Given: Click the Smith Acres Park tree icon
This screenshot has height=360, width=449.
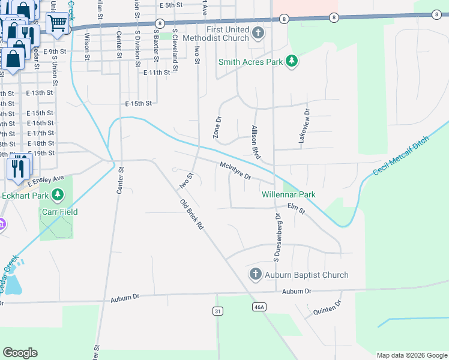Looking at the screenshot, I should coord(292,61).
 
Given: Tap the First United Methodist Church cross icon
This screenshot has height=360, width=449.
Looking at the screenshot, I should coord(258,34).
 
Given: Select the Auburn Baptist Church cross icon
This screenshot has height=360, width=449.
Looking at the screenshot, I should coord(255,275).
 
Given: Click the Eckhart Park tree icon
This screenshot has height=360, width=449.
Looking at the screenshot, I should coord(58,194).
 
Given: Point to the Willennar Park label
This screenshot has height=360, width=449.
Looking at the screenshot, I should coord(288,194).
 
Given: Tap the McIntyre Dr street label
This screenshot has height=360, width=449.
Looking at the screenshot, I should coord(239,172).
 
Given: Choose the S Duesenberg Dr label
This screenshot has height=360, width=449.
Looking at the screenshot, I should coord(277,237).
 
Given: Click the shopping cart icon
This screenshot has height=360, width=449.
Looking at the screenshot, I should coord(58,23).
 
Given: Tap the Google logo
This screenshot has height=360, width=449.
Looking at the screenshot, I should coord(20,353).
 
